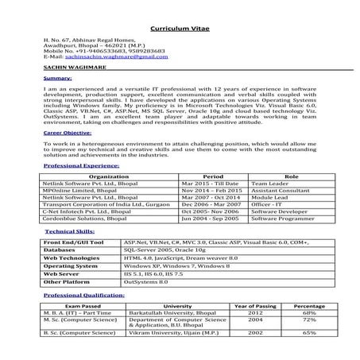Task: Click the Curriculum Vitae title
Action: click(180, 29)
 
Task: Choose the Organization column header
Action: click(109, 176)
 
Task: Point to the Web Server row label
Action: click(64, 273)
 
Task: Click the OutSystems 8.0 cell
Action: click(145, 281)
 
